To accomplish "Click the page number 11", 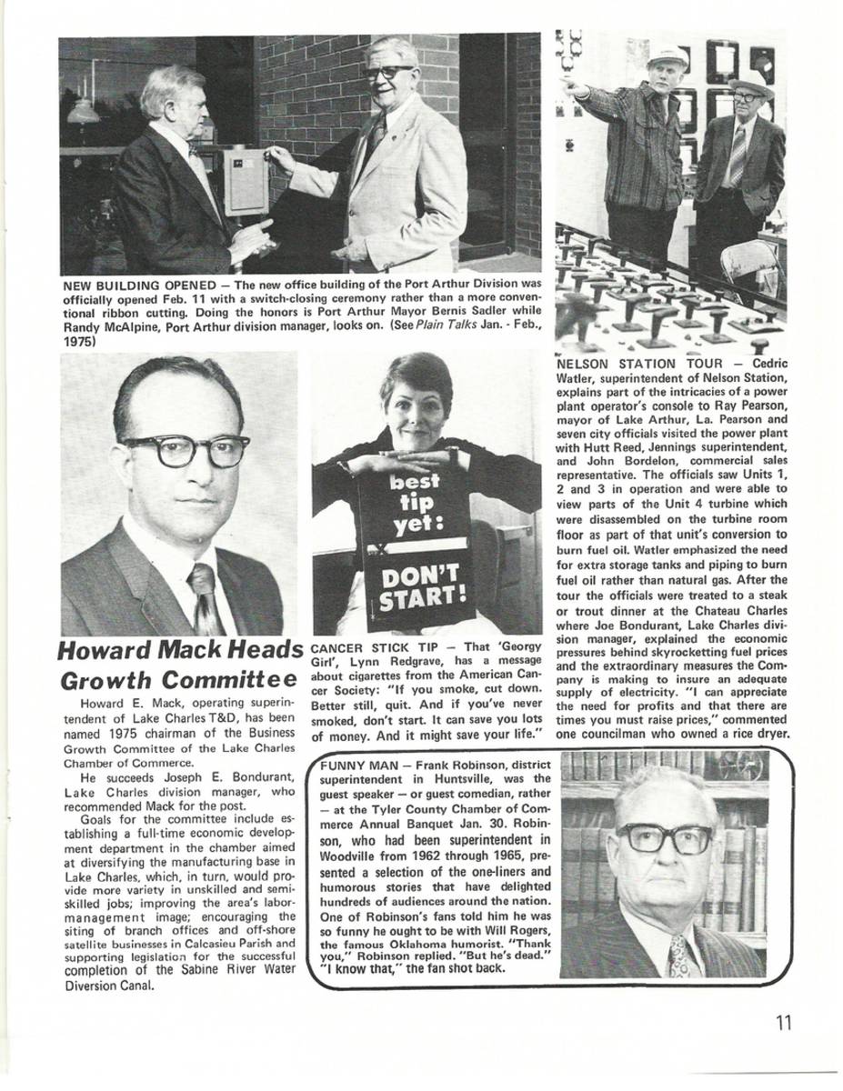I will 785,1022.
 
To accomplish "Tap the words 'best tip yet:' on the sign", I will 417,503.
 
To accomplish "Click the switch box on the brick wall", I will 246,182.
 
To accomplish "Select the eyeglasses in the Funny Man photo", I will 664,837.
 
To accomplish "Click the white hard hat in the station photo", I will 667,55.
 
